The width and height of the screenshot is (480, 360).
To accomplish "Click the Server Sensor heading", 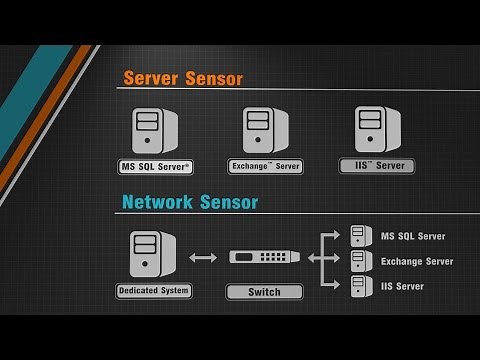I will coord(183,78).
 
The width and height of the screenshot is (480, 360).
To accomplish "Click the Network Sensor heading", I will coord(190,202).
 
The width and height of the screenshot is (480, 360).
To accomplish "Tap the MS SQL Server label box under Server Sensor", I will coord(156,166).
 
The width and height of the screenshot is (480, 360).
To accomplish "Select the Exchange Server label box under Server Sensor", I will coord(265,165).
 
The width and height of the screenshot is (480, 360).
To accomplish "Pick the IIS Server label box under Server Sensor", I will coord(377,165).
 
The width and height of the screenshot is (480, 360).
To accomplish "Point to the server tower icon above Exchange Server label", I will coord(264,130).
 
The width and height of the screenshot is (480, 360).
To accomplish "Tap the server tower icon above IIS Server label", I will coord(376,130).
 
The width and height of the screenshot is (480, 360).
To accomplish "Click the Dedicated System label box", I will coord(154,290).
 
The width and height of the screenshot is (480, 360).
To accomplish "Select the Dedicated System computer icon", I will coord(152,254).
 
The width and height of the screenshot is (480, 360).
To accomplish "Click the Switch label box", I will coord(264,292).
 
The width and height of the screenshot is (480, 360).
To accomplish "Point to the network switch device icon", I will coord(265,257).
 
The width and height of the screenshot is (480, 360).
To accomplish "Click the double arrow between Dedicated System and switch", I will coord(203,258).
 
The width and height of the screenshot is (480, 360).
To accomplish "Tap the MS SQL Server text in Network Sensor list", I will coord(413,237).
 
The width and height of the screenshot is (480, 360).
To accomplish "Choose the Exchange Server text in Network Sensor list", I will coord(417,261).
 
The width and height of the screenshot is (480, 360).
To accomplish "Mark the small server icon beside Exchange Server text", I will coord(359,261).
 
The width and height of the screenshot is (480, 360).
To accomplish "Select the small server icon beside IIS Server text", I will coord(359,285).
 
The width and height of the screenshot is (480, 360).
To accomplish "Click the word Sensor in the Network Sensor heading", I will coord(226,202).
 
